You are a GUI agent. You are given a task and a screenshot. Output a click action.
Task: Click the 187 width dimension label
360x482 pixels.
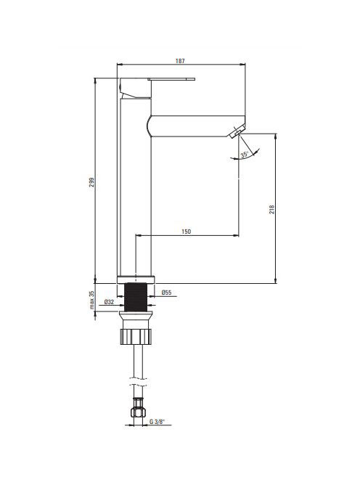(180, 61)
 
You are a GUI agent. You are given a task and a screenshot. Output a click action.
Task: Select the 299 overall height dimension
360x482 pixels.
(92, 182)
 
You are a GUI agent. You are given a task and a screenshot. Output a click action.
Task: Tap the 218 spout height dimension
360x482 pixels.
(271, 209)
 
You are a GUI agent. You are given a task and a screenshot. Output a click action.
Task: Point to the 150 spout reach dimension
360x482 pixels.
(186, 231)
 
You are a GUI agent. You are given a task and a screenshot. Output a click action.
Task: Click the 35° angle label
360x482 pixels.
(245, 155)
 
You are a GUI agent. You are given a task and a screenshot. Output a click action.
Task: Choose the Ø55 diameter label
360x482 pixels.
(166, 293)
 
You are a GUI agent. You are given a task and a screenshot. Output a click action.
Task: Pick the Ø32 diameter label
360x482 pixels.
(109, 302)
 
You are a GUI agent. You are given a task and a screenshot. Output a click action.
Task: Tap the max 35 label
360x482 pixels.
(92, 300)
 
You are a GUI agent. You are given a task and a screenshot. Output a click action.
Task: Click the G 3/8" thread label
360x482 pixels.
(157, 422)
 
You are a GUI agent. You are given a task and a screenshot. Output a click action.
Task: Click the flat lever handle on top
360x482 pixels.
(171, 79)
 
